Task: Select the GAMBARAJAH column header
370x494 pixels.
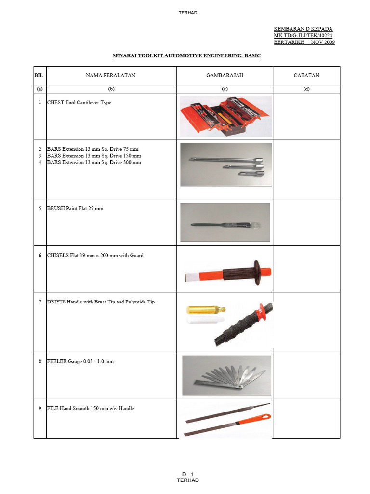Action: (225, 75)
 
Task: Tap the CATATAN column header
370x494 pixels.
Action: (306, 75)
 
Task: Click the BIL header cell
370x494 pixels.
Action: (39, 75)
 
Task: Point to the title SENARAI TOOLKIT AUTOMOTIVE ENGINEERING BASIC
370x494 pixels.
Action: (186, 56)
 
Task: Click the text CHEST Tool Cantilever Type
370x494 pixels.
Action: (79, 103)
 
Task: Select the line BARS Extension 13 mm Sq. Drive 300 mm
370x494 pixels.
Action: (94, 163)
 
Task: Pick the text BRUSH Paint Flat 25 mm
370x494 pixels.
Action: (75, 209)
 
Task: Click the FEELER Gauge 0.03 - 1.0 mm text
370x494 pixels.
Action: (80, 361)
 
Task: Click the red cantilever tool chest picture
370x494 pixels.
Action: (225, 116)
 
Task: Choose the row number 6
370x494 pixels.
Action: (40, 255)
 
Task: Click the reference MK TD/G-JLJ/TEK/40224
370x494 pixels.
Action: (303, 36)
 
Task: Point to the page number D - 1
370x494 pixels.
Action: (187, 474)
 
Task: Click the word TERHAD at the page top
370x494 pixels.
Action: (188, 13)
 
